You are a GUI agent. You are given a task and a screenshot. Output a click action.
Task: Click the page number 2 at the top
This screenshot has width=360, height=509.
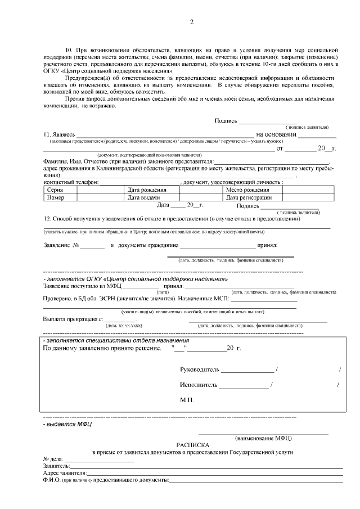(x=191, y=22)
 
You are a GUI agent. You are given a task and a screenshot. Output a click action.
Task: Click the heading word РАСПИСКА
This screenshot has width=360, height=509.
(x=192, y=444)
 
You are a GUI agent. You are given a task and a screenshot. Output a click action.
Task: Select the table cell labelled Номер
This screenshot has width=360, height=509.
(x=56, y=197)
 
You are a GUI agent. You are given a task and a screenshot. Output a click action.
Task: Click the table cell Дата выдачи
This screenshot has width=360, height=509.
(x=145, y=197)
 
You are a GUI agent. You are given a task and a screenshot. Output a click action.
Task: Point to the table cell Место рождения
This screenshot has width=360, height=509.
(x=247, y=190)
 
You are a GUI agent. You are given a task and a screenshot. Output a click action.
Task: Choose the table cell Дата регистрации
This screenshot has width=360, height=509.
(x=249, y=197)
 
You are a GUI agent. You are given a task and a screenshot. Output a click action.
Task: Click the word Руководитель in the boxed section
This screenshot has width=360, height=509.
(x=199, y=370)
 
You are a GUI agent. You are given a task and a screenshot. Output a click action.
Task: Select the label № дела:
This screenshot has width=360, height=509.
(x=53, y=459)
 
